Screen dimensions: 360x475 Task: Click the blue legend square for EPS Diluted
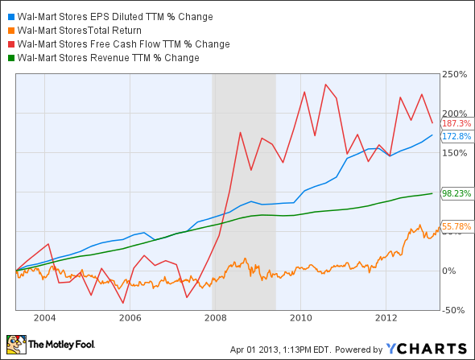9,17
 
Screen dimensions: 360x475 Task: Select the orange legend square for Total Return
9,31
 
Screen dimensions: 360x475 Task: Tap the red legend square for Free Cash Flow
9,44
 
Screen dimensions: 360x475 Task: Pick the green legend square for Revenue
9,58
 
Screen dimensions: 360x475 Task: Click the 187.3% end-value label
456,123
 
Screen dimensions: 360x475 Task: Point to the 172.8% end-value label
456,137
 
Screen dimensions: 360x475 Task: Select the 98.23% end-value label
456,193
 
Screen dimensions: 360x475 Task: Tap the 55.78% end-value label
456,226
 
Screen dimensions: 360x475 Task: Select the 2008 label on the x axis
215,318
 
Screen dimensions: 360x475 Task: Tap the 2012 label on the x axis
386,318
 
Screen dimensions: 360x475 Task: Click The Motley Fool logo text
63,345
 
